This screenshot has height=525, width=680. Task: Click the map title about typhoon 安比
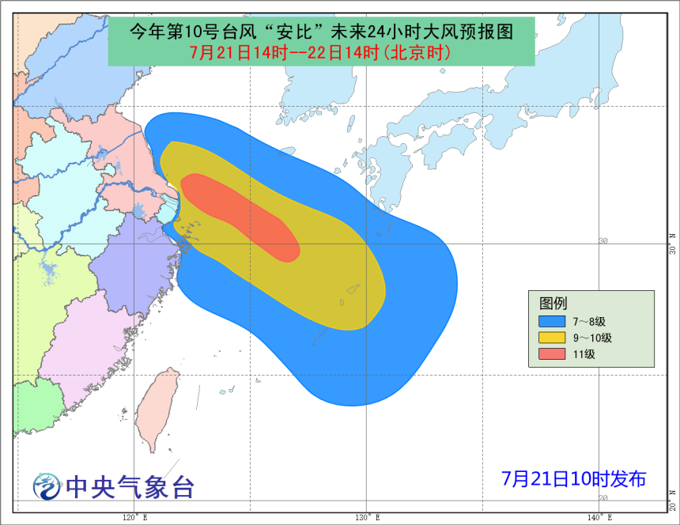(x=321, y=32)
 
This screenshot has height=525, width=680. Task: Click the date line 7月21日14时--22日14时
(x=321, y=53)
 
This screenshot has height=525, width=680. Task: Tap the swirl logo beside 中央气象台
(x=47, y=486)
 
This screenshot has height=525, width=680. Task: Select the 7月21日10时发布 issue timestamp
(x=573, y=478)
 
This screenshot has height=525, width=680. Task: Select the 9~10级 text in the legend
(x=594, y=338)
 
